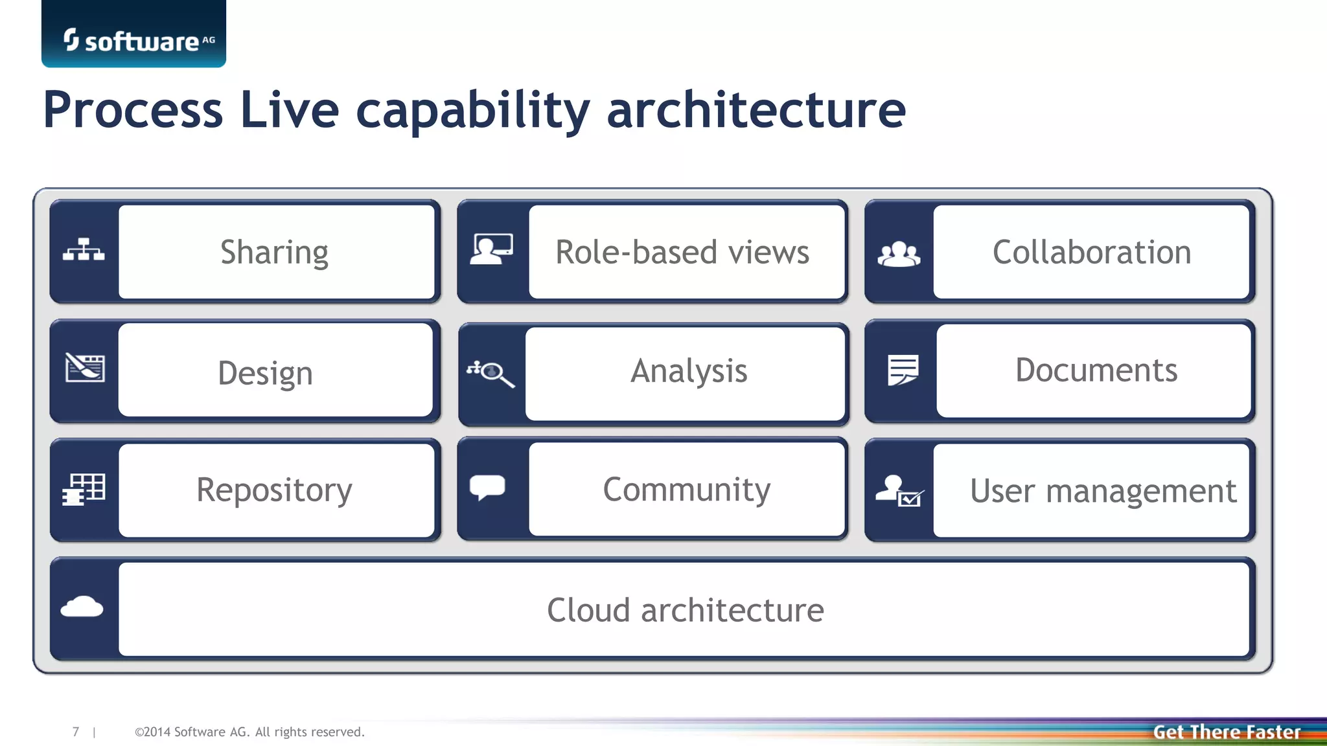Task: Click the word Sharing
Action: [274, 252]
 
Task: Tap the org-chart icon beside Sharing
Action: [84, 249]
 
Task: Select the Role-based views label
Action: [682, 252]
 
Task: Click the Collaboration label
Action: [1092, 252]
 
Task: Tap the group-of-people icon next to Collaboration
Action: [899, 254]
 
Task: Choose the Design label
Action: [265, 372]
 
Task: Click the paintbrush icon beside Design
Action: [85, 368]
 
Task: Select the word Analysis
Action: [689, 371]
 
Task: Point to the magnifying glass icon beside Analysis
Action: [491, 373]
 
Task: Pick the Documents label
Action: [1096, 370]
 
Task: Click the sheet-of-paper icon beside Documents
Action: [903, 370]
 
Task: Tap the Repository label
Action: [274, 490]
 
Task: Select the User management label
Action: [1103, 491]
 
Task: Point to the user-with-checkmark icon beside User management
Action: [899, 490]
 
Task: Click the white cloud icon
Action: [82, 607]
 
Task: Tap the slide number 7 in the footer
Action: [76, 732]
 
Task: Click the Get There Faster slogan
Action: [1227, 732]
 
